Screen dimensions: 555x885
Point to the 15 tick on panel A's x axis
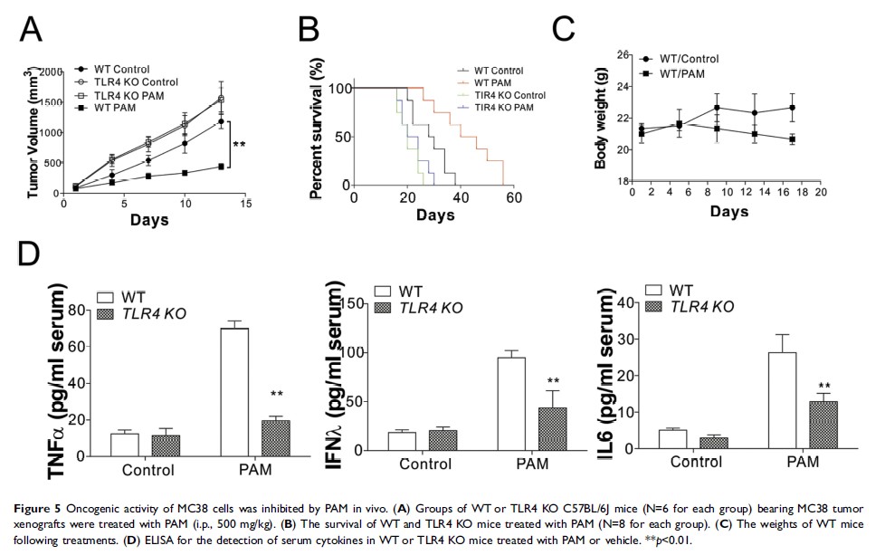[244, 206]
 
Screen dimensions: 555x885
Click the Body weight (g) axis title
[600, 124]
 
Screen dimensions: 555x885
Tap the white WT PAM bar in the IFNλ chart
[511, 403]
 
